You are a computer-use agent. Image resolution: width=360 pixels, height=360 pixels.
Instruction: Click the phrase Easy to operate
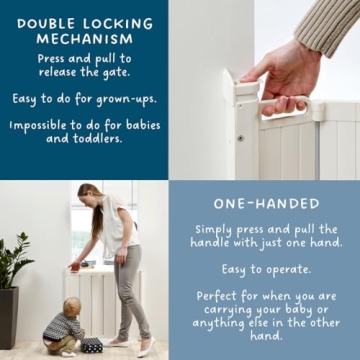(x=269, y=270)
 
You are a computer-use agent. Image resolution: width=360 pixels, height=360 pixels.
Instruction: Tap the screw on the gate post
(x=239, y=137)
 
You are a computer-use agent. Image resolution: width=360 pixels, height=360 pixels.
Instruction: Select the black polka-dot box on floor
(x=91, y=345)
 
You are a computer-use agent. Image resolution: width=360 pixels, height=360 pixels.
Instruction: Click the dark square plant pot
(x=9, y=317)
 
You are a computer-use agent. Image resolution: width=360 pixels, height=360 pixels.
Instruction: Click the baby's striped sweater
(x=67, y=326)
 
